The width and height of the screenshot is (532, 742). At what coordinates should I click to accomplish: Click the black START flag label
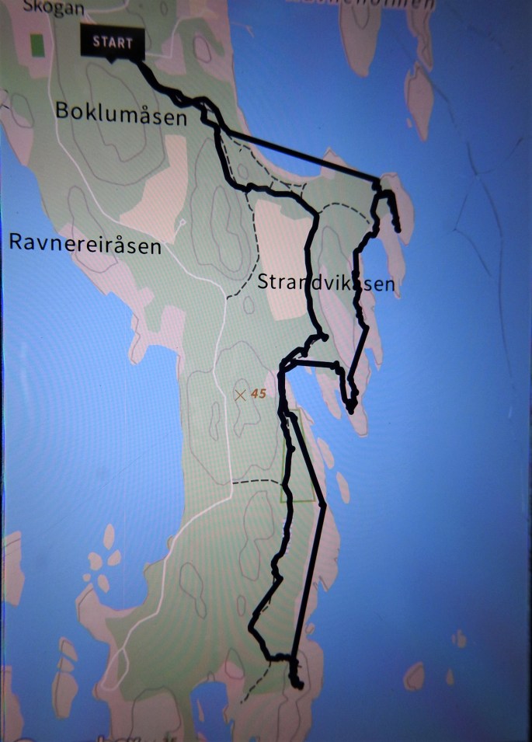coord(113,42)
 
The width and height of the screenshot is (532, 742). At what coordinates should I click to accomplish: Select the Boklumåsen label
coord(121,113)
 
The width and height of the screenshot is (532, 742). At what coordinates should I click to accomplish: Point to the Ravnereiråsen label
coord(85,243)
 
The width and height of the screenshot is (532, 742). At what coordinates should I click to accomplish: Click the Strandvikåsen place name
coord(325,282)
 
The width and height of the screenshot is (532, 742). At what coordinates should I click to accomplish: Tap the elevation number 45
coord(259,395)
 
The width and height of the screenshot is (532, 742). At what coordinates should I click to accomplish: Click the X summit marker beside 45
coord(241,395)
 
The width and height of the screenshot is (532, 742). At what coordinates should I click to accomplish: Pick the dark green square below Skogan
coord(36,44)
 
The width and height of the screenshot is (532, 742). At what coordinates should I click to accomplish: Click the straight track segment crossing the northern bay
coord(295,151)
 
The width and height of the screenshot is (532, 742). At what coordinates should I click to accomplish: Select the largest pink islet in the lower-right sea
coord(415,676)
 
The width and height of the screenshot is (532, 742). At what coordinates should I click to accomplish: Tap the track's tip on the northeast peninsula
coord(397,228)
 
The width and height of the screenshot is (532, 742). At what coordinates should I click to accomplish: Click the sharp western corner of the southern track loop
coord(251,625)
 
